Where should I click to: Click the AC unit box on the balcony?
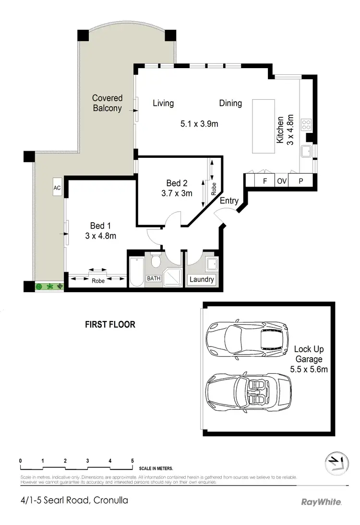point(57,188)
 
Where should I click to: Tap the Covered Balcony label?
point(107,103)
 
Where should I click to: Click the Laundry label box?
point(202,280)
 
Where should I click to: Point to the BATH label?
point(154,278)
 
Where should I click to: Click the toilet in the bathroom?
point(156,261)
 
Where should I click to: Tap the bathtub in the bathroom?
point(136,272)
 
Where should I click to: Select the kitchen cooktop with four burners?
point(306,125)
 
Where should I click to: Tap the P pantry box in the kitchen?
point(301,181)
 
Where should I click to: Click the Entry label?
point(229,201)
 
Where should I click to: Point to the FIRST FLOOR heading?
point(110,324)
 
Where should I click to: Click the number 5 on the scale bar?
point(132,461)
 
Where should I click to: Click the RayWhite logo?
point(321,502)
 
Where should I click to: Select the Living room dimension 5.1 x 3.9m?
point(199,124)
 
